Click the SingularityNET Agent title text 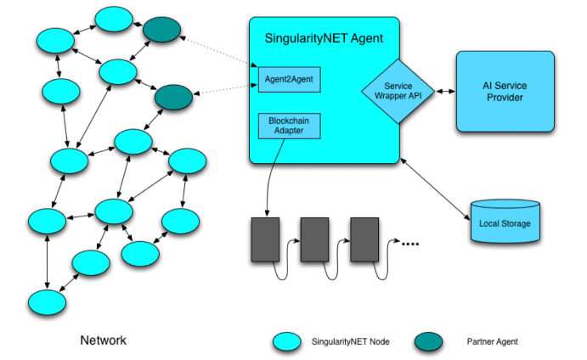coord(324,38)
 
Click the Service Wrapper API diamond coord(398,91)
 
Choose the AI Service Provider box coord(505,92)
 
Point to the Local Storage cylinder coord(504,222)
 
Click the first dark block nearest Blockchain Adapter coord(264,239)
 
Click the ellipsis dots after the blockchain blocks coord(410,245)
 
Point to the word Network coord(103,340)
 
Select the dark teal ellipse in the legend coord(432,341)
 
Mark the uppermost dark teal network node coord(161,31)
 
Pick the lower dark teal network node coord(173,96)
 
